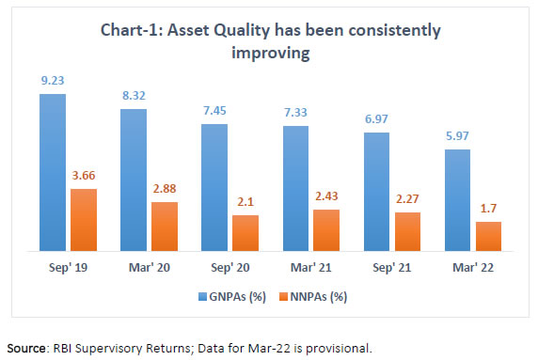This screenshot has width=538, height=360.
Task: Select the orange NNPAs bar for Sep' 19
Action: click(x=84, y=220)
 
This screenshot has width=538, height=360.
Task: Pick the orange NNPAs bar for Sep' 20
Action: click(x=245, y=233)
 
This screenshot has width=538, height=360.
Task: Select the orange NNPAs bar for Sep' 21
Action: click(x=408, y=231)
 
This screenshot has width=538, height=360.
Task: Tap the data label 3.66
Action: click(x=85, y=176)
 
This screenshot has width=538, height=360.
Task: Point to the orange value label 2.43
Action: click(x=327, y=196)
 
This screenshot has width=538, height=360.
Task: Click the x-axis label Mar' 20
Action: click(x=150, y=269)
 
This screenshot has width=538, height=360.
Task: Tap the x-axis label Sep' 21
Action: click(x=393, y=269)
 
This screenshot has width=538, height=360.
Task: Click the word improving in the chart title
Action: click(x=268, y=54)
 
